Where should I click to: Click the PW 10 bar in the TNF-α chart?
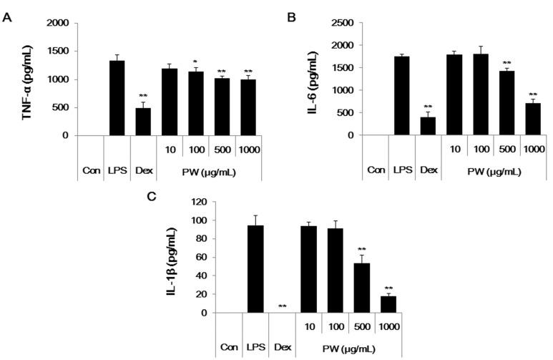pos(169,102)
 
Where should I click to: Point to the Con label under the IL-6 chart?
pos(376,171)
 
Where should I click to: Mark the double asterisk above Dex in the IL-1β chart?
pos(283,307)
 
